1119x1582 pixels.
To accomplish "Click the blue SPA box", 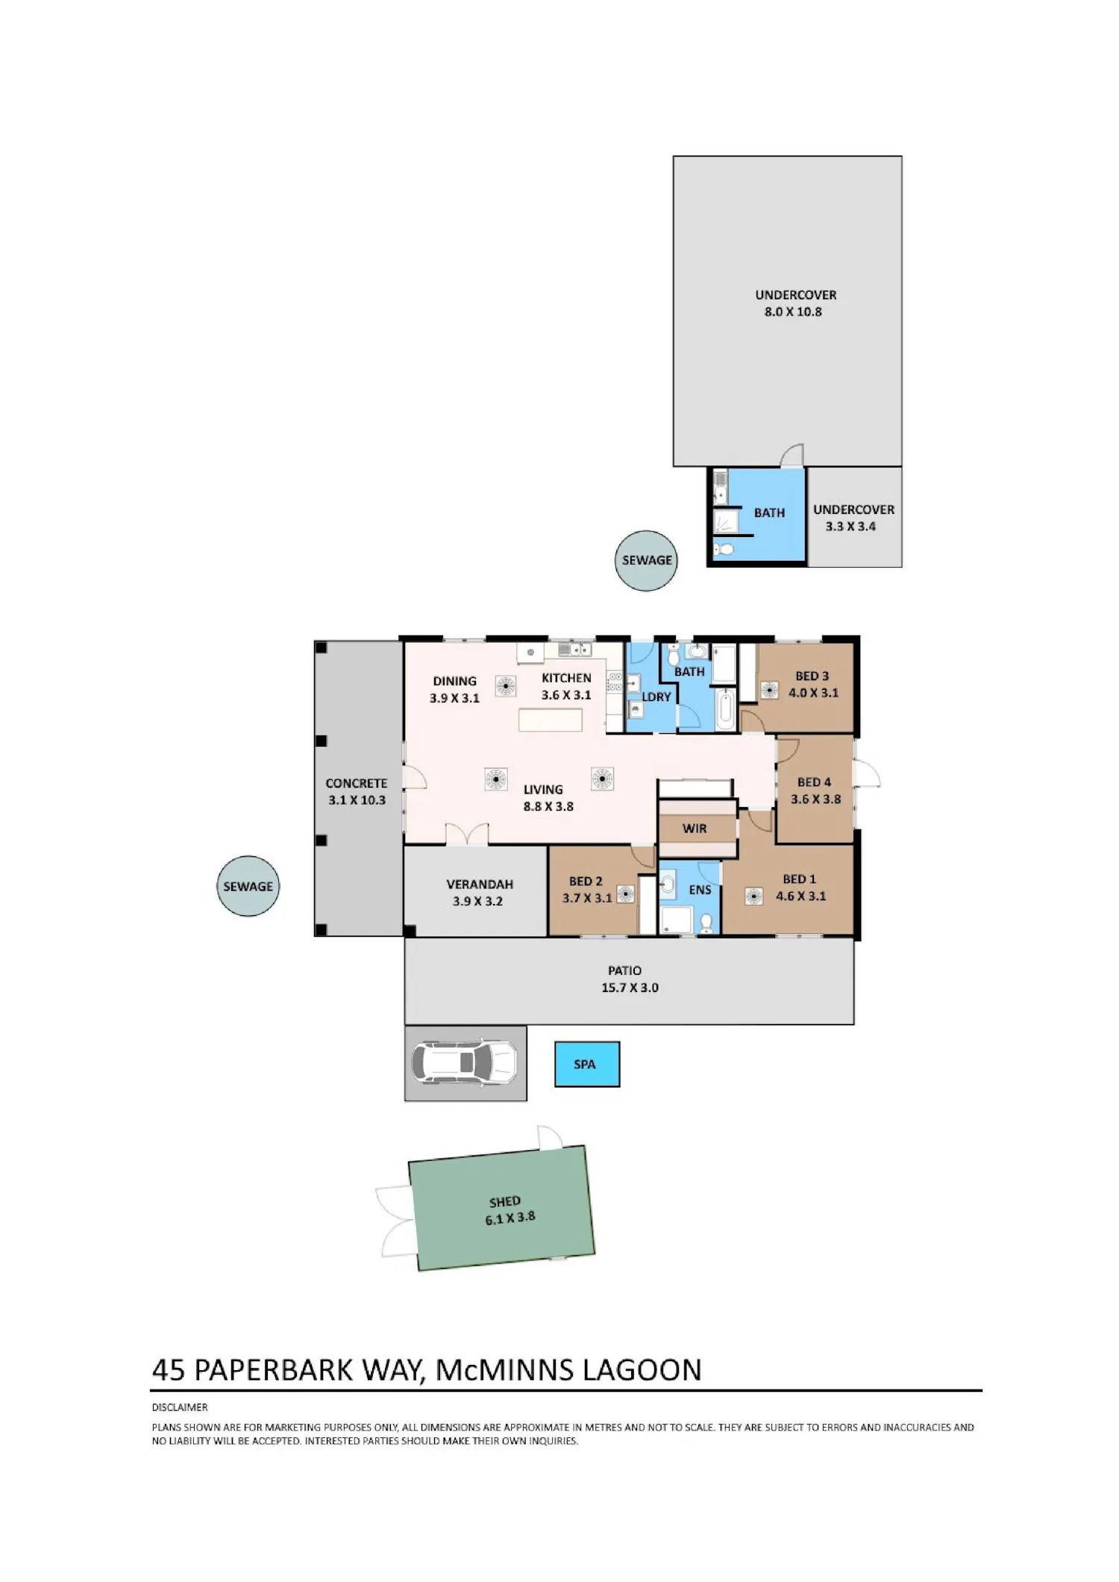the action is (x=586, y=1064).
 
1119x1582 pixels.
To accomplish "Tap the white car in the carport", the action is (x=464, y=1062).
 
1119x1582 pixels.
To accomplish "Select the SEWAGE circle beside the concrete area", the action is (x=248, y=886).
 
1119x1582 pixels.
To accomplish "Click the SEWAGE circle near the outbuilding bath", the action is (x=646, y=560).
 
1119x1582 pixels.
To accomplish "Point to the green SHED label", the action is (x=505, y=1202).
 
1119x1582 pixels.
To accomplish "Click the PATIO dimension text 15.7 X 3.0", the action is (x=630, y=988).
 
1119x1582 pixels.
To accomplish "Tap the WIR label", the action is (x=694, y=829).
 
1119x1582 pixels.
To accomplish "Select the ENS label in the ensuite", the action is (x=700, y=890).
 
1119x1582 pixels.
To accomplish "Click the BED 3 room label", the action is (x=812, y=676).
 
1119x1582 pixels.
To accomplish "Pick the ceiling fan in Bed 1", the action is (x=753, y=897).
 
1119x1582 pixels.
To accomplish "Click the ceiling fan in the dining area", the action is (x=505, y=686).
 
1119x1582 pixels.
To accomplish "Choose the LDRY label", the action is (x=656, y=697).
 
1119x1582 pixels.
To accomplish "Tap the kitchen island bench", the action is (x=551, y=720).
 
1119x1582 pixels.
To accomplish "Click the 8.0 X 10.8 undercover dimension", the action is (x=793, y=312).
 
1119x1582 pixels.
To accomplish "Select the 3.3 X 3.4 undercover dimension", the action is (x=850, y=527).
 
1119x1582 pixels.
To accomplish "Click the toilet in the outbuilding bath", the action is (x=723, y=550).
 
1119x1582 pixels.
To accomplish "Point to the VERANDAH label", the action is (x=480, y=884).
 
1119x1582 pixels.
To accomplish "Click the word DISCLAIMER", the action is (x=180, y=1407).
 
